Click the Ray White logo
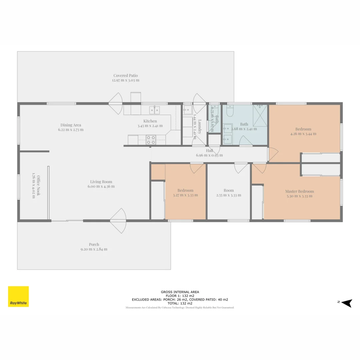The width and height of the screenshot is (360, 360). pyautogui.click(x=18, y=296)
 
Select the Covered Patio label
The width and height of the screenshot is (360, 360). pyautogui.click(x=125, y=76)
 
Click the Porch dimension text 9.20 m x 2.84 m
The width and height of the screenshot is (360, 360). pyautogui.click(x=94, y=249)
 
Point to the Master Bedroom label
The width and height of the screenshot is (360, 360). pyautogui.click(x=299, y=191)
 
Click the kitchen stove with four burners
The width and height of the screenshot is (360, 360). pyautogui.click(x=151, y=140)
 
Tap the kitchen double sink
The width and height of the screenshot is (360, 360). pyautogui.click(x=154, y=110)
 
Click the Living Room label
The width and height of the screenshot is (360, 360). pyautogui.click(x=101, y=182)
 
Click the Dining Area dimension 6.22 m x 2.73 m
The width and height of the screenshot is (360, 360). pyautogui.click(x=71, y=130)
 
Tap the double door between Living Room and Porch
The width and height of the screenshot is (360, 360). pyautogui.click(x=118, y=221)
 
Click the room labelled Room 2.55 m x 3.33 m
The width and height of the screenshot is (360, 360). pyautogui.click(x=228, y=192)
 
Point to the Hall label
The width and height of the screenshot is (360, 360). pyautogui.click(x=209, y=151)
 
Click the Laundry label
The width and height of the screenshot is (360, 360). pyautogui.click(x=200, y=126)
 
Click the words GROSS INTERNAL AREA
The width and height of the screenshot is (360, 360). pyautogui.click(x=180, y=292)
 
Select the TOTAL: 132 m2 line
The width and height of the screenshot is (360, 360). pyautogui.click(x=180, y=303)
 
